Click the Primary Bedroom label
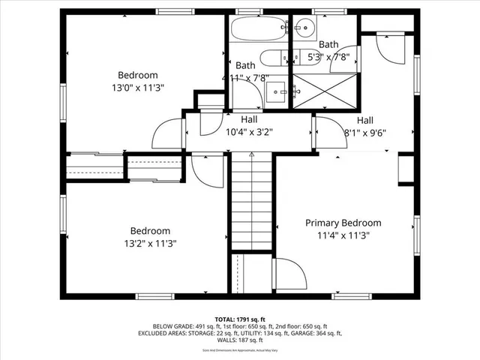(x=343, y=223)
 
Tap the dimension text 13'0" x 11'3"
(x=138, y=87)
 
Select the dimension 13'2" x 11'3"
(x=150, y=243)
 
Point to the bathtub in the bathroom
(x=258, y=29)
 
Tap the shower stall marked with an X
(x=320, y=92)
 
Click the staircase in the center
(x=251, y=202)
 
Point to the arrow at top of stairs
(x=252, y=154)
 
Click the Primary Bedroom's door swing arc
(x=291, y=274)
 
